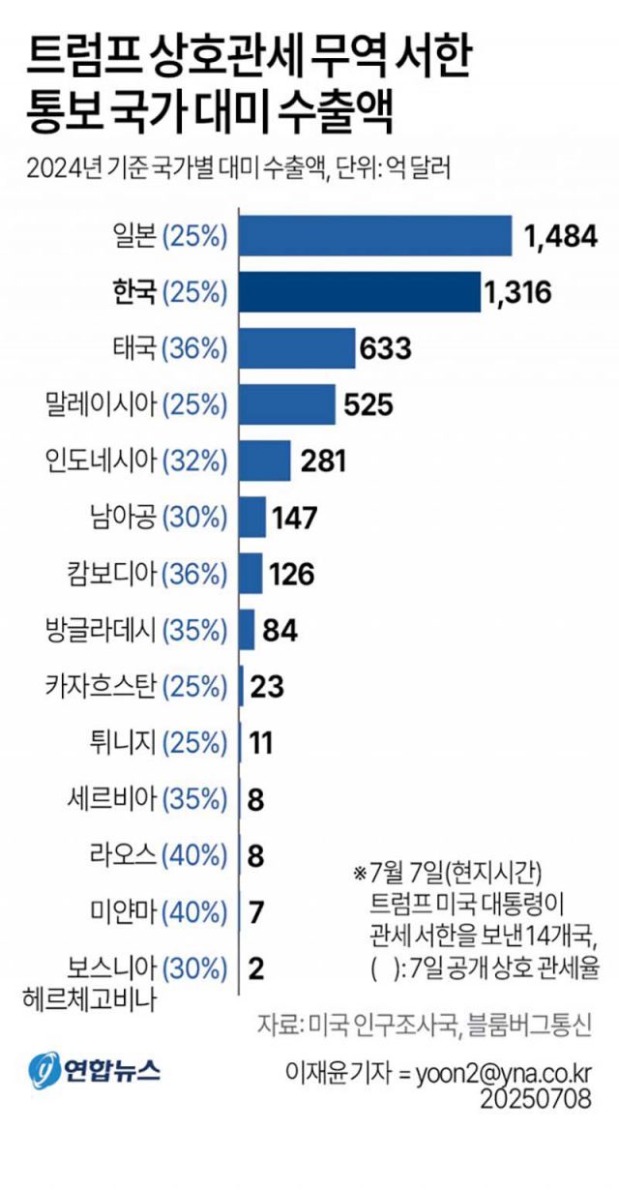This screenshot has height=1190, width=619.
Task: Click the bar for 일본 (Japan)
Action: pos(375,235)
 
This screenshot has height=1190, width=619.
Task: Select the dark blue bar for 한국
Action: pos(360,291)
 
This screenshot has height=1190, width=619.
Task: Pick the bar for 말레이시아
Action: pos(287,403)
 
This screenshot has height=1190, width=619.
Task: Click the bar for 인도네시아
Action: pos(265,461)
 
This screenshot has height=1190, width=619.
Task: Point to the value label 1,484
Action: pos(560,235)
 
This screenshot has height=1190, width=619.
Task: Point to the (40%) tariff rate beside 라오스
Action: pos(194,855)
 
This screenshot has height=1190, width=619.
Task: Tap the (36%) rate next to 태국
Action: pos(194,347)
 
